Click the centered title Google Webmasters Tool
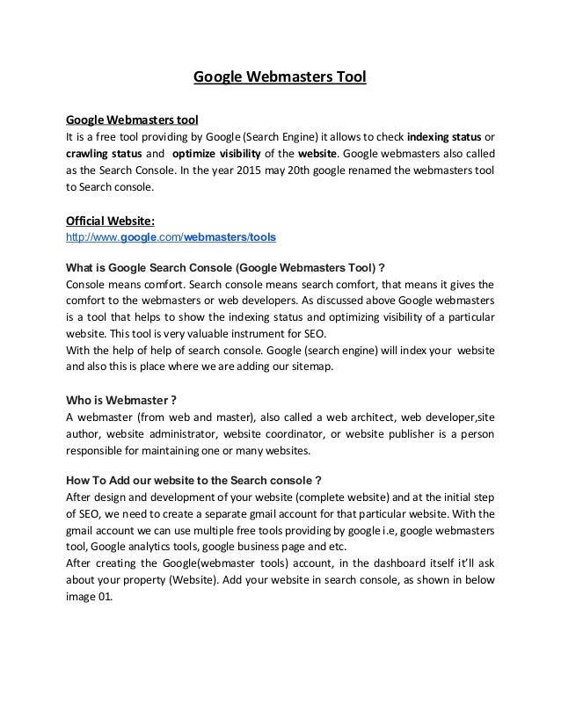280,80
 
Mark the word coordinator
307,433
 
